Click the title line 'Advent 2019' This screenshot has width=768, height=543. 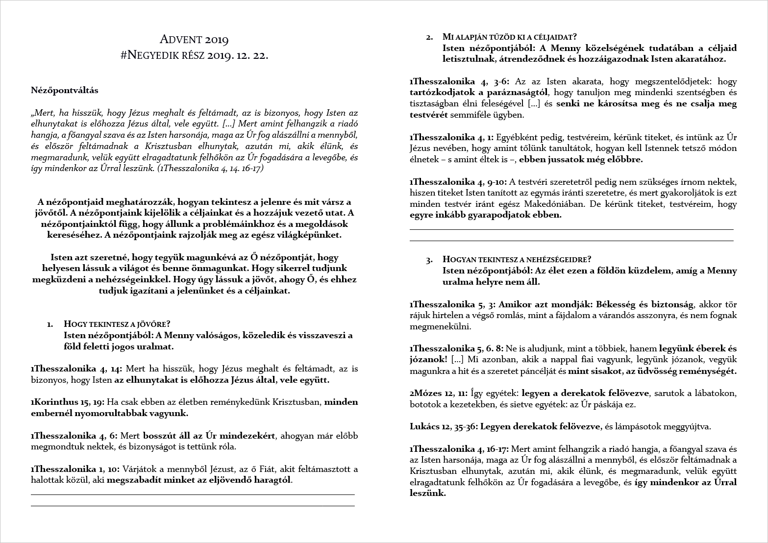point(194,40)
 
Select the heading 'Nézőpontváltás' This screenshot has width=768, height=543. point(65,90)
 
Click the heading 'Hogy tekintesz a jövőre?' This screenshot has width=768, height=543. point(117,324)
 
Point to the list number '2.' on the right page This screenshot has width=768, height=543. point(430,37)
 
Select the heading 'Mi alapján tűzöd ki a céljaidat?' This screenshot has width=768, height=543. point(509,37)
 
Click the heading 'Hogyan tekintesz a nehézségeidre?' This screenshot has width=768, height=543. point(517,259)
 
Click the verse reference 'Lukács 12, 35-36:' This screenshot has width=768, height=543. point(444,426)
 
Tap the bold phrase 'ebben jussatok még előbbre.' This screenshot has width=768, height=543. point(581,159)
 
